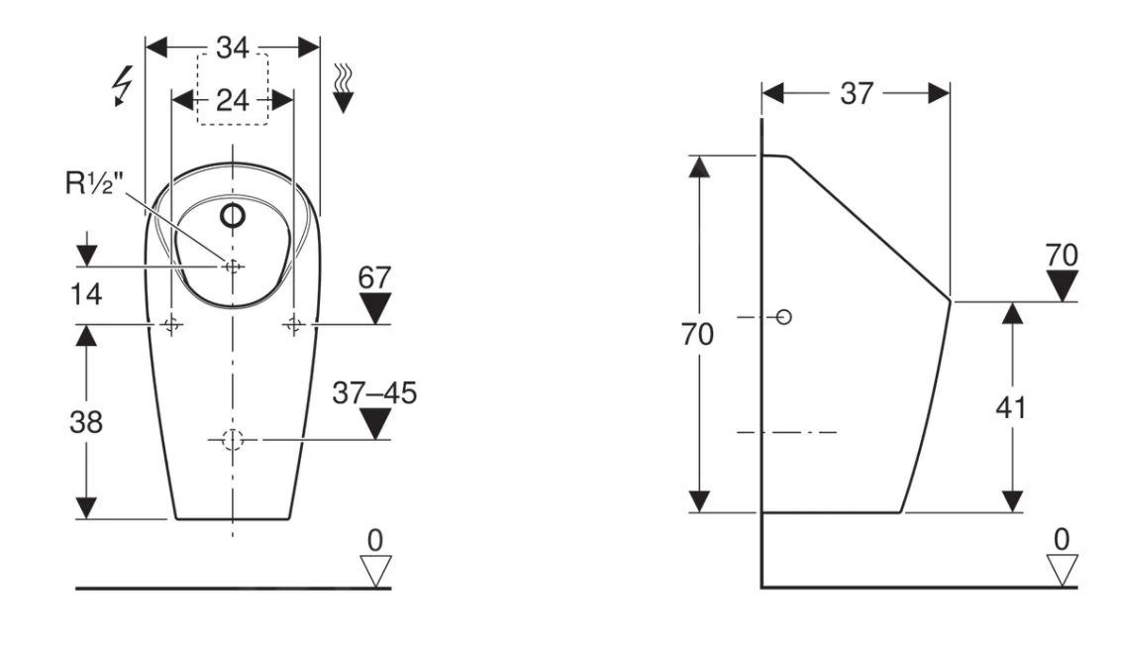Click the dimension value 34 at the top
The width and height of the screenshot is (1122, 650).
pos(233,48)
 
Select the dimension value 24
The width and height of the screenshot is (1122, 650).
pos(232,99)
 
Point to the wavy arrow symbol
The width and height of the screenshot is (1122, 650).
pos(343,87)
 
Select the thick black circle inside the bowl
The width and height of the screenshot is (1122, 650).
pos(233,215)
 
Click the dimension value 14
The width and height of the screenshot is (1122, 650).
pos(85,294)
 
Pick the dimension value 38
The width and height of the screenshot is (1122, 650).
pos(86,421)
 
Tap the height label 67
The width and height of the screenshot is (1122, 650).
pos(375,277)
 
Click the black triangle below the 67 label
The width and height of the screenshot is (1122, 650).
pos(375,308)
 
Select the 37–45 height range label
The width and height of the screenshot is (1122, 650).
pos(374,392)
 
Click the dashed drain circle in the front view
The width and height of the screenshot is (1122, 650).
pos(232,440)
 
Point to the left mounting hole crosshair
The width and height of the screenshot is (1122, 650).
pos(172,324)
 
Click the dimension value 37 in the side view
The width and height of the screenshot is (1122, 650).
pos(858,93)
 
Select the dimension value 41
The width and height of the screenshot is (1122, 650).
pos(1010,407)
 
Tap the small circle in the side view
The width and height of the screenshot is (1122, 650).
pos(784,317)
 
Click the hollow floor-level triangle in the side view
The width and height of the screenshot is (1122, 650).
pos(1063,570)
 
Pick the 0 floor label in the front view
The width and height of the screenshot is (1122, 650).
pos(374,540)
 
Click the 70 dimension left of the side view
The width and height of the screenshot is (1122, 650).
pos(697,335)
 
